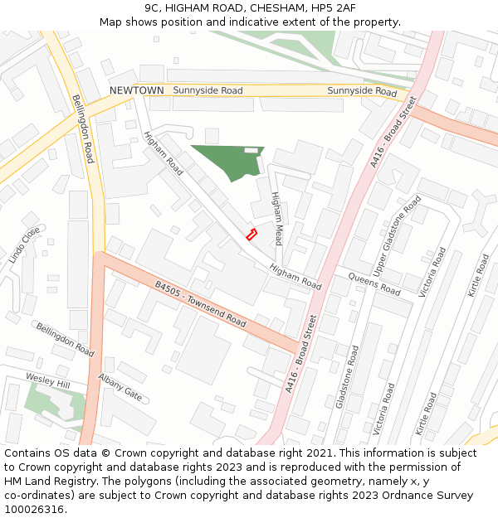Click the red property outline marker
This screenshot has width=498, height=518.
click(251, 235)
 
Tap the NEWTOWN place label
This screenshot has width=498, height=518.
click(137, 90)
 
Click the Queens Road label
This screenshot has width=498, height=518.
click(373, 283)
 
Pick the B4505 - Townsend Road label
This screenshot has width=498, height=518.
click(201, 303)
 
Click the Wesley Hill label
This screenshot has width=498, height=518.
click(47, 382)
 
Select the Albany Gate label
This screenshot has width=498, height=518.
click(120, 388)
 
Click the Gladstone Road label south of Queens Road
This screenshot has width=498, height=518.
click(346, 378)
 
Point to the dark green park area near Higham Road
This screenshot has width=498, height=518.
click(223, 160)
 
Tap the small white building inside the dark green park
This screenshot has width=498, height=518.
click(251, 150)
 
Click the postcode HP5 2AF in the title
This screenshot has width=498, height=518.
click(331, 7)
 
